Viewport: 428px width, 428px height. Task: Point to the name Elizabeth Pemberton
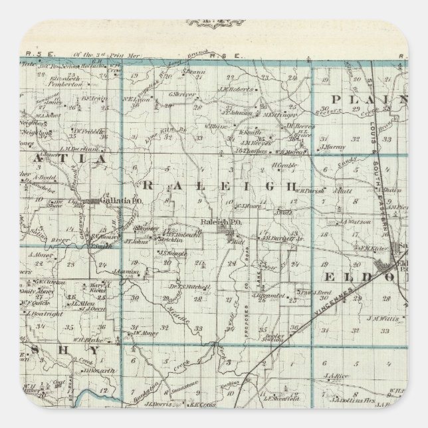(65, 82)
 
